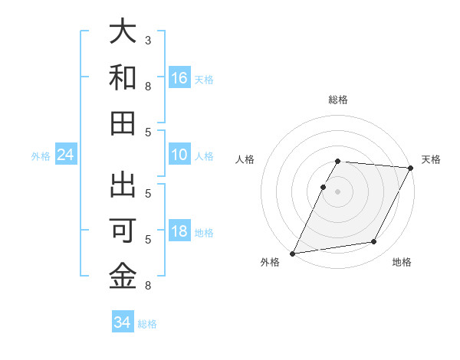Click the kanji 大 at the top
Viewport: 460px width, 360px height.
[x=123, y=32]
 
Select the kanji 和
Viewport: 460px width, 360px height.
[x=123, y=77]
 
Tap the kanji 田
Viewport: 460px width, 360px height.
[x=123, y=123]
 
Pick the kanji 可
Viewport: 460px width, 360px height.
[x=123, y=231]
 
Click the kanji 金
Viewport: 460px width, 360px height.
[x=123, y=277]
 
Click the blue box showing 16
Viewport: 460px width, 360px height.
[x=179, y=77]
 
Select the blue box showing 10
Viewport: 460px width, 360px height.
[x=179, y=155]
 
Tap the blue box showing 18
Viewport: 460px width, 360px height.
[x=179, y=231]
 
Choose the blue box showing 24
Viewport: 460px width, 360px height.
[x=66, y=155]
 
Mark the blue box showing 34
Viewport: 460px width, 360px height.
[x=123, y=322]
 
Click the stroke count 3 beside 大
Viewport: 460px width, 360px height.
[x=148, y=40]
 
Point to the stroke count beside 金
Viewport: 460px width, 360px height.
[x=148, y=286]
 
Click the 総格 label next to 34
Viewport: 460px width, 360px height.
[x=147, y=324]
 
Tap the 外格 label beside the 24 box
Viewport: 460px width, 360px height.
[x=41, y=156]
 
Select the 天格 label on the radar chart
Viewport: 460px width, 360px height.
[x=431, y=159]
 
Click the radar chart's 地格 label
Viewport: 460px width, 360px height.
[x=402, y=262]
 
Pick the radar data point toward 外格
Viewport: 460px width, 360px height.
[x=292, y=254]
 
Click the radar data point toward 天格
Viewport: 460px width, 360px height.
[x=412, y=168]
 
